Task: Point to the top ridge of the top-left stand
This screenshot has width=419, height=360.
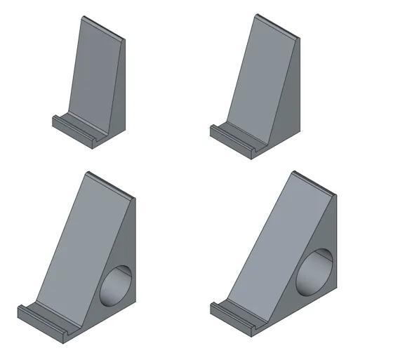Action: pos(102,27)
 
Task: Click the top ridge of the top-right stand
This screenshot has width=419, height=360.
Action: pos(277,25)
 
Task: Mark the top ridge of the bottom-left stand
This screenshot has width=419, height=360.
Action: pos(109,185)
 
